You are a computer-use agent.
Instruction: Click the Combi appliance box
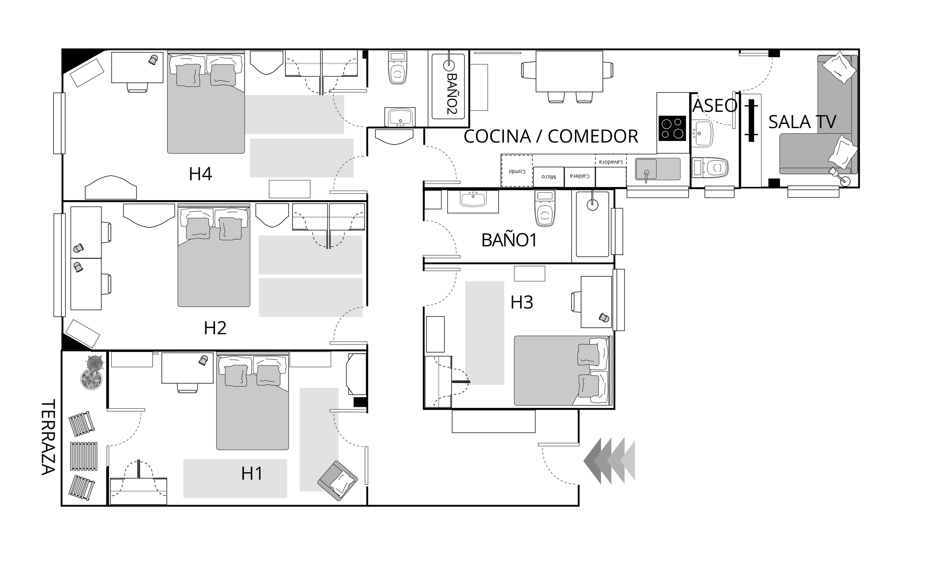(517, 171)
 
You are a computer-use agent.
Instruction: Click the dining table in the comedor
(569, 71)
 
